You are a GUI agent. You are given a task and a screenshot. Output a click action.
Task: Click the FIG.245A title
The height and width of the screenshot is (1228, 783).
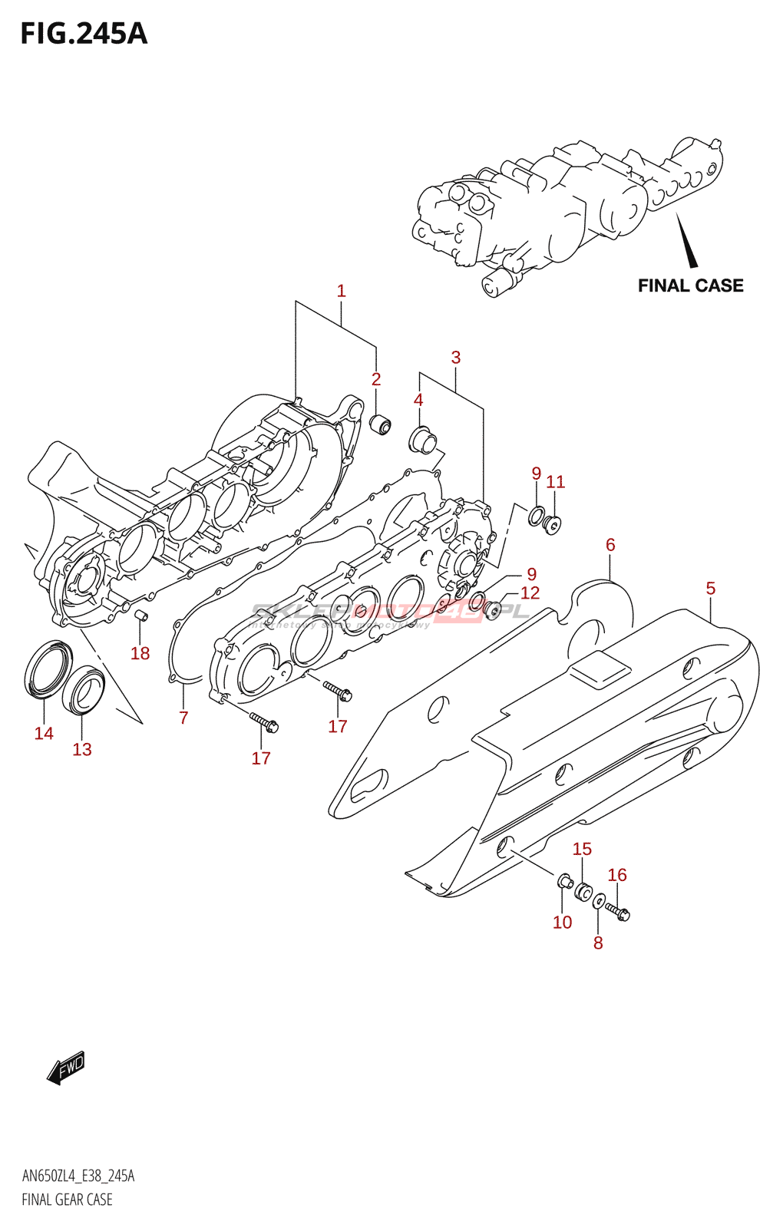pos(84,34)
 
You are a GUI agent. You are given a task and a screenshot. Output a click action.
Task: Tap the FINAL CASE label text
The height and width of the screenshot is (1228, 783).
pos(690,286)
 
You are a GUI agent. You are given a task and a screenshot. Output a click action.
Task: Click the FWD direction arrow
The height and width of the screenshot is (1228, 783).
pos(66,1067)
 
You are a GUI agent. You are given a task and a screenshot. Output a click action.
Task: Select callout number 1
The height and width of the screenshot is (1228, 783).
pos(341,291)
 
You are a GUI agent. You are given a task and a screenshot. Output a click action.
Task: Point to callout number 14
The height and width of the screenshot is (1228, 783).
pos(44,733)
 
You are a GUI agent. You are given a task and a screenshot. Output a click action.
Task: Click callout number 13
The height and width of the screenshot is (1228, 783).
pos(82,749)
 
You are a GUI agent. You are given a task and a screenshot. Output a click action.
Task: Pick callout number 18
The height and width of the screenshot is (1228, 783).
pos(140,653)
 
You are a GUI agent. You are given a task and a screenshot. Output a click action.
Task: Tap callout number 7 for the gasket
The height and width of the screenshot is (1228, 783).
pos(183,718)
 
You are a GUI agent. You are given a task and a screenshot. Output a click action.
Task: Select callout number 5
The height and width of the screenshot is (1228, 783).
pos(710,588)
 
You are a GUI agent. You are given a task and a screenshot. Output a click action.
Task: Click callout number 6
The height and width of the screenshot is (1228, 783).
pos(610,544)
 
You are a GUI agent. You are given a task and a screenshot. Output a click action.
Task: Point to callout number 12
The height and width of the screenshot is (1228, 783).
pos(530,593)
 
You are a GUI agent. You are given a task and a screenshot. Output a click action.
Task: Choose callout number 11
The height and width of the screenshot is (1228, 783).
pos(555,481)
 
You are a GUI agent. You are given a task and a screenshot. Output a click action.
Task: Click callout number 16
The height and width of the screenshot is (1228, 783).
pos(617,875)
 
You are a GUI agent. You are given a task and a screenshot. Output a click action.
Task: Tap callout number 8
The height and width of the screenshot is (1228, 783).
pos(598,943)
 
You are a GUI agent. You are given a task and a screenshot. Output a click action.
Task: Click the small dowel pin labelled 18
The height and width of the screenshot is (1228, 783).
pos(140,616)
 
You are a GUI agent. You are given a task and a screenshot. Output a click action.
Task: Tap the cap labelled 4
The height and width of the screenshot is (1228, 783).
pos(422,440)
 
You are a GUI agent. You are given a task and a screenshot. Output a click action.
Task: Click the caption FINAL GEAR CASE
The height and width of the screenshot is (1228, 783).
pos(67,1200)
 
